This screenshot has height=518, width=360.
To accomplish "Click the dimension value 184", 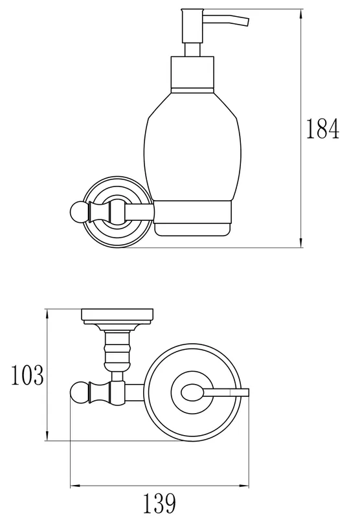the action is (x=322, y=128).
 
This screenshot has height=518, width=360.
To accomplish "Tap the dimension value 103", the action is (x=27, y=375).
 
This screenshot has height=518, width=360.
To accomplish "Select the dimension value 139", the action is (x=159, y=503).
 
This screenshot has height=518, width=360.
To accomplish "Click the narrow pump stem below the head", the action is (x=192, y=50).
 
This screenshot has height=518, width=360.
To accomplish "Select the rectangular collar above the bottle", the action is (x=192, y=74).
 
